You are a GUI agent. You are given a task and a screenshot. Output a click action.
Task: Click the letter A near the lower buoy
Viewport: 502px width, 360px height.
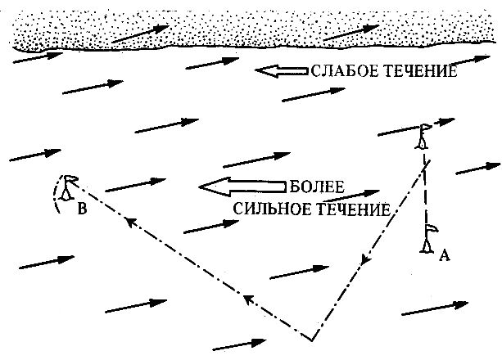(x=444, y=255)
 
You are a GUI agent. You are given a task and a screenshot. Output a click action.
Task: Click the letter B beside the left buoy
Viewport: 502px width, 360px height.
(x=82, y=209)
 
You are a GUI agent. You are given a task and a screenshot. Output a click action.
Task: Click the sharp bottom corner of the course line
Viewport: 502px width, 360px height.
(x=312, y=338)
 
